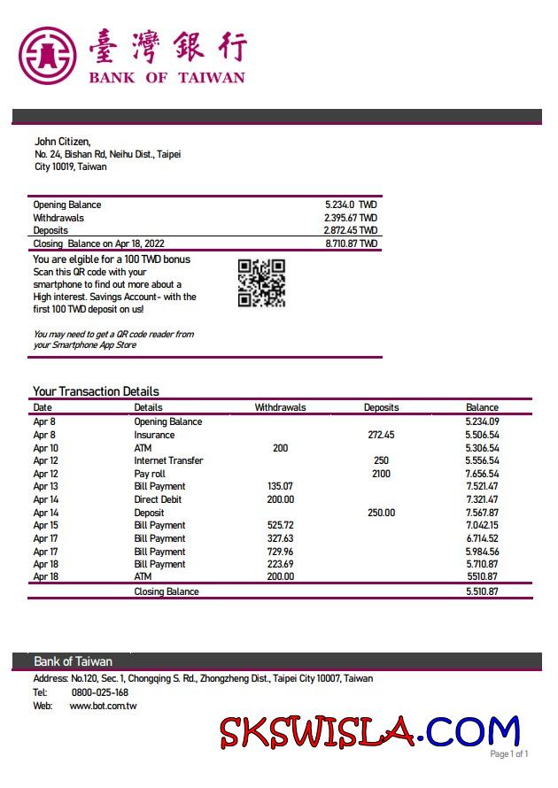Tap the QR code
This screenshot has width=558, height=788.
pyautogui.click(x=261, y=282)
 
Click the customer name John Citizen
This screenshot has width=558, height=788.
pyautogui.click(x=62, y=142)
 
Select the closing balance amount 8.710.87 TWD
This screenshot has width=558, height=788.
pyautogui.click(x=351, y=243)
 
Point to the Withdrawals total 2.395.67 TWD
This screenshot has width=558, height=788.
pyautogui.click(x=351, y=218)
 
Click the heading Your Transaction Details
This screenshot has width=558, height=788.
pyautogui.click(x=96, y=391)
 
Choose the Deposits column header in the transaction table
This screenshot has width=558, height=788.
pyautogui.click(x=381, y=408)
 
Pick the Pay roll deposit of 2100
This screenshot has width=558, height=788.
pyautogui.click(x=381, y=474)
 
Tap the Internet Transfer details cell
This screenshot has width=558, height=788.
pyautogui.click(x=168, y=460)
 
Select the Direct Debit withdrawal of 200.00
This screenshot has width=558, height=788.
pyautogui.click(x=280, y=499)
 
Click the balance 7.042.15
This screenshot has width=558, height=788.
pyautogui.click(x=482, y=525)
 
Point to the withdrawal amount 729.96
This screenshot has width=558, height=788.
pyautogui.click(x=280, y=551)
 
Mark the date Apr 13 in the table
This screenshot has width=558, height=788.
pyautogui.click(x=45, y=486)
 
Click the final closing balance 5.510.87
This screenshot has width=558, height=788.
pyautogui.click(x=482, y=591)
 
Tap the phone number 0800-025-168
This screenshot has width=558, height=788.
pyautogui.click(x=100, y=692)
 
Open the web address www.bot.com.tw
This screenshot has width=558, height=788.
pyautogui.click(x=103, y=706)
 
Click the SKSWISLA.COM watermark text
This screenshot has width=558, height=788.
pyautogui.click(x=369, y=731)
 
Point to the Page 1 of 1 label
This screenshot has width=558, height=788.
pyautogui.click(x=508, y=754)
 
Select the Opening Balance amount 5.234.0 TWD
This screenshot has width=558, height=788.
pyautogui.click(x=351, y=205)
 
